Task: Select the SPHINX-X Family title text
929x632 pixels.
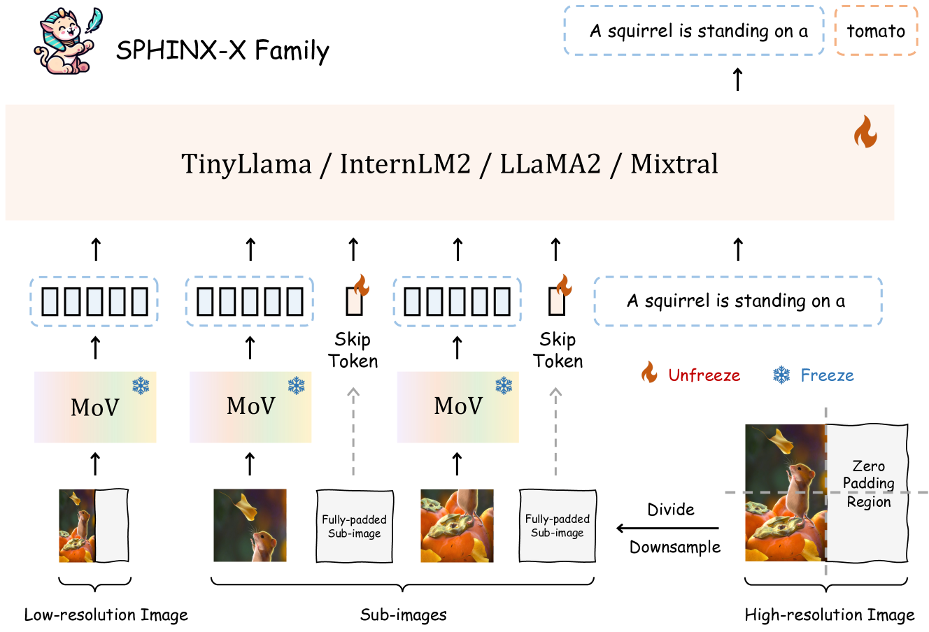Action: tap(222, 50)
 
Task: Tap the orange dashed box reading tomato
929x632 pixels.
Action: tap(876, 31)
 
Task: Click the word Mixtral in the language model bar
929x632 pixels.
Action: tap(674, 164)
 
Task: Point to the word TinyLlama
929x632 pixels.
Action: tap(246, 164)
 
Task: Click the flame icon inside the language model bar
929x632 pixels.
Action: tap(865, 131)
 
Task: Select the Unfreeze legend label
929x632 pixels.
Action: tap(704, 375)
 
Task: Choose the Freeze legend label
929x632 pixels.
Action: tap(827, 375)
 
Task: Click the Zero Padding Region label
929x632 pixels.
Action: tap(869, 484)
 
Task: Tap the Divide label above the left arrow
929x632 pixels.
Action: tap(671, 510)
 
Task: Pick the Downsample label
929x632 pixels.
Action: tap(675, 547)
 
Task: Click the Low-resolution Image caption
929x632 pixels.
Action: tap(106, 615)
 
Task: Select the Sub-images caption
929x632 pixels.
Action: tap(403, 615)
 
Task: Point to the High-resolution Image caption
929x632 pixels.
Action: tap(830, 615)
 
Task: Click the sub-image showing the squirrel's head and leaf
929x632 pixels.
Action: tap(250, 525)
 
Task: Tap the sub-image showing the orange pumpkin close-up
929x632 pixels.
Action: tap(457, 526)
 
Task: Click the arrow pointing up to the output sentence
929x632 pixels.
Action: tap(737, 79)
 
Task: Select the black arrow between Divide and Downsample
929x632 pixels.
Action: tap(667, 529)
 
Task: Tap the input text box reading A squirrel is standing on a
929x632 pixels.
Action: tap(737, 301)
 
